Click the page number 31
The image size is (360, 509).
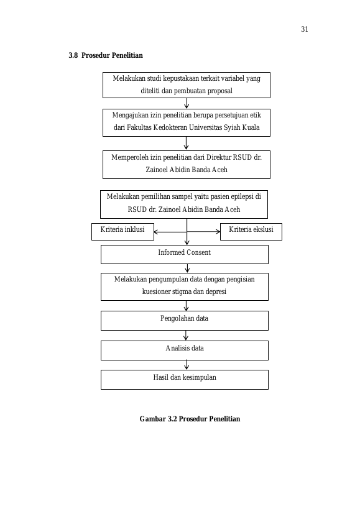tap(305, 29)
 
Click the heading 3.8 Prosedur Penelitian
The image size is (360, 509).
tap(106, 55)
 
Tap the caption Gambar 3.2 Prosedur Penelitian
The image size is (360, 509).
tap(190, 419)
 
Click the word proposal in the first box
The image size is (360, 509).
tap(219, 91)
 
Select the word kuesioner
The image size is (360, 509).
tap(154, 291)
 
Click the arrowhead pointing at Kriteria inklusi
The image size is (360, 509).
tap(156, 232)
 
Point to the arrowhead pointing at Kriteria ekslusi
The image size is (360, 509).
tap(218, 231)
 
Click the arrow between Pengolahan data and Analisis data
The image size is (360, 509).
tap(186, 336)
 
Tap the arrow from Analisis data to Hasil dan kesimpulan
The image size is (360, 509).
tap(187, 365)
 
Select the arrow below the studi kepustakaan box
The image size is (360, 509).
tap(187, 103)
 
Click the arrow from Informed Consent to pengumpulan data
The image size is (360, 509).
tap(187, 268)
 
